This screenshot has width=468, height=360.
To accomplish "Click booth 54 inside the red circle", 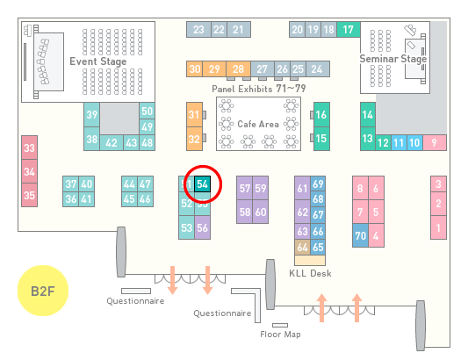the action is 202,184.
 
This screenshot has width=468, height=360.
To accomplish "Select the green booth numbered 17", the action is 349,30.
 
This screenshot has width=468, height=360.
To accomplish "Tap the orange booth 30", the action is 194,69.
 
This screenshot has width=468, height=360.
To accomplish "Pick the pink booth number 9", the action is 435,143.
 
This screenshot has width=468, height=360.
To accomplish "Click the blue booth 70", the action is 360,235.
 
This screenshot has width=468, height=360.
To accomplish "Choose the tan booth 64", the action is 302,247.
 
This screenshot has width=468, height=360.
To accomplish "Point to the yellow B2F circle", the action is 43,291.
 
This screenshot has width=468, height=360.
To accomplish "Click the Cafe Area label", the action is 258,124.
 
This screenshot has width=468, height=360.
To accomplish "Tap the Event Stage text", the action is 98,61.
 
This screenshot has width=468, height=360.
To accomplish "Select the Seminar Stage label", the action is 393,59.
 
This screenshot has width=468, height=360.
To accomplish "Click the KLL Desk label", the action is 310,273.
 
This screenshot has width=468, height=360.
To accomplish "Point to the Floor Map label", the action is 280,334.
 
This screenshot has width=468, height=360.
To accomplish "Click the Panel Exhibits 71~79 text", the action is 259,89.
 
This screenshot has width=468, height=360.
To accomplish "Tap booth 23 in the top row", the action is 198,30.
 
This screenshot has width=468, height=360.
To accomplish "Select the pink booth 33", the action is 29,148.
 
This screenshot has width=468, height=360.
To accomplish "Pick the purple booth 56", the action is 202,227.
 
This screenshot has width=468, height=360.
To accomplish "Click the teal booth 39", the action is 91,115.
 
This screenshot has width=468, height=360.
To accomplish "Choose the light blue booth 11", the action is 399,143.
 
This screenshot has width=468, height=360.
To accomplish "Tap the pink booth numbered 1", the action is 438,227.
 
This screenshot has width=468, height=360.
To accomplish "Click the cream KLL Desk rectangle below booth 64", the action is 310,260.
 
